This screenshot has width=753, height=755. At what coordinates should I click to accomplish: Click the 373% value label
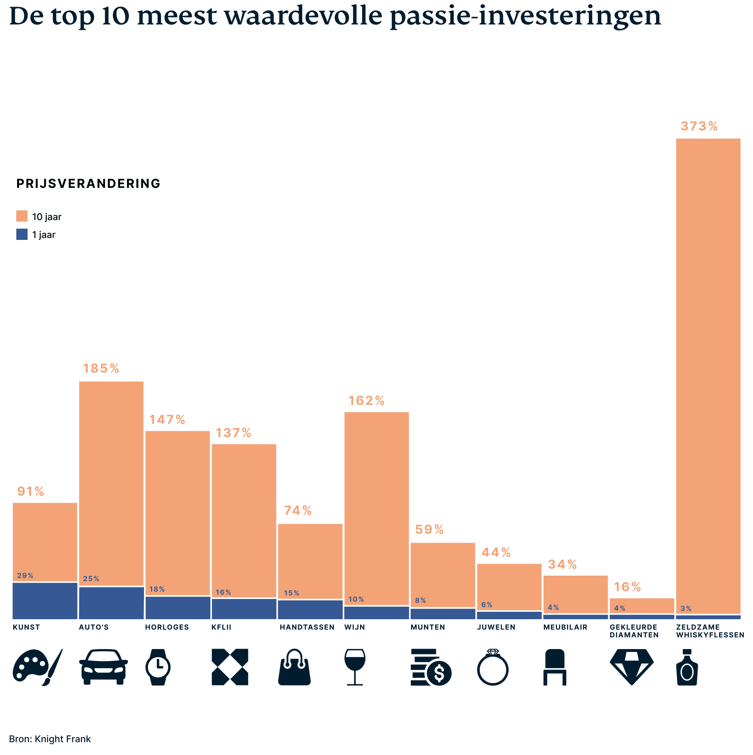coord(699,126)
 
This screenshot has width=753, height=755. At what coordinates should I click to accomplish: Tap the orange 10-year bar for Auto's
coord(111,483)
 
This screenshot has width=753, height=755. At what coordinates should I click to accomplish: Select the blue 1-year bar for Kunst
coord(45,601)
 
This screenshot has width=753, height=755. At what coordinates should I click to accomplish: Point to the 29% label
coord(25,576)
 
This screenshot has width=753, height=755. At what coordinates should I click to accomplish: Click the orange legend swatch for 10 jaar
coord(22,216)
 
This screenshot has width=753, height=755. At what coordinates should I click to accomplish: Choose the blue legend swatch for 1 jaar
coord(22,234)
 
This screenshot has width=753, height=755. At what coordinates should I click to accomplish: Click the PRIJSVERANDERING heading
coord(88,184)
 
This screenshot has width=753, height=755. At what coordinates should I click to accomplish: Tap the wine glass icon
coord(355,667)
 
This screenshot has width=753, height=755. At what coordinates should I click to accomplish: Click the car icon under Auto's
coord(103,667)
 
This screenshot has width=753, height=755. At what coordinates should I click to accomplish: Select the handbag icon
coord(294,667)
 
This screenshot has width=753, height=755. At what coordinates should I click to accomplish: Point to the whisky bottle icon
coord(687,667)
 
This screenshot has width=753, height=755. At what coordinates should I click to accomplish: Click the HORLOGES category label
coord(167,627)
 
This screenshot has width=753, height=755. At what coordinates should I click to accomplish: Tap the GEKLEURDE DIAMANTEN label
coord(634,631)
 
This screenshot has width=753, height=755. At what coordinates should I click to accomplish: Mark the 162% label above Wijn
coord(366,401)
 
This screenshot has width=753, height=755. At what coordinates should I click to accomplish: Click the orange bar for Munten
coord(443,574)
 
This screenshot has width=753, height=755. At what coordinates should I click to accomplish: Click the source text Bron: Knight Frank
coord(50,739)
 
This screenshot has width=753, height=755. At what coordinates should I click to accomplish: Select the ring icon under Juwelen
coord(493,667)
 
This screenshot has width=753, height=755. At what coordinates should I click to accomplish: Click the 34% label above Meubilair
coord(562,564)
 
